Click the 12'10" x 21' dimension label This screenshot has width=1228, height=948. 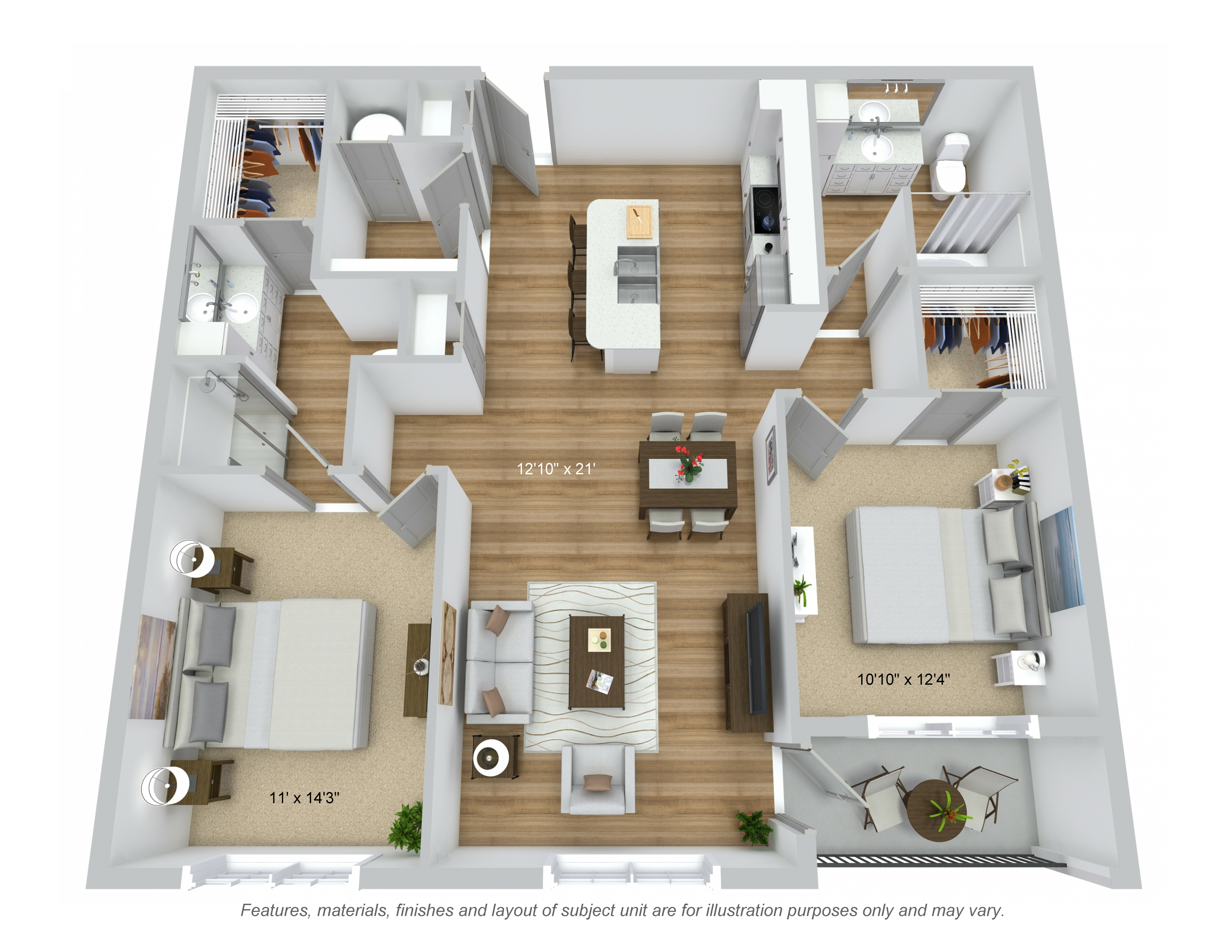[556, 468]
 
